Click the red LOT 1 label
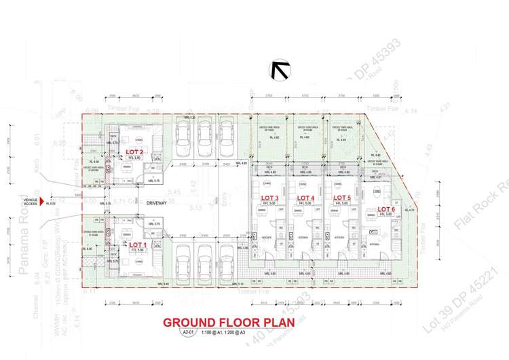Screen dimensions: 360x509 coord(138,244)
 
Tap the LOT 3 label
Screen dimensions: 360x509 coord(270,198)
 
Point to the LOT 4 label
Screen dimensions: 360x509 coord(308,198)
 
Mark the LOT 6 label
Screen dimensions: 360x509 coord(385,209)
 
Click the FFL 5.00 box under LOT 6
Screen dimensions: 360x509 coord(385,215)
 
